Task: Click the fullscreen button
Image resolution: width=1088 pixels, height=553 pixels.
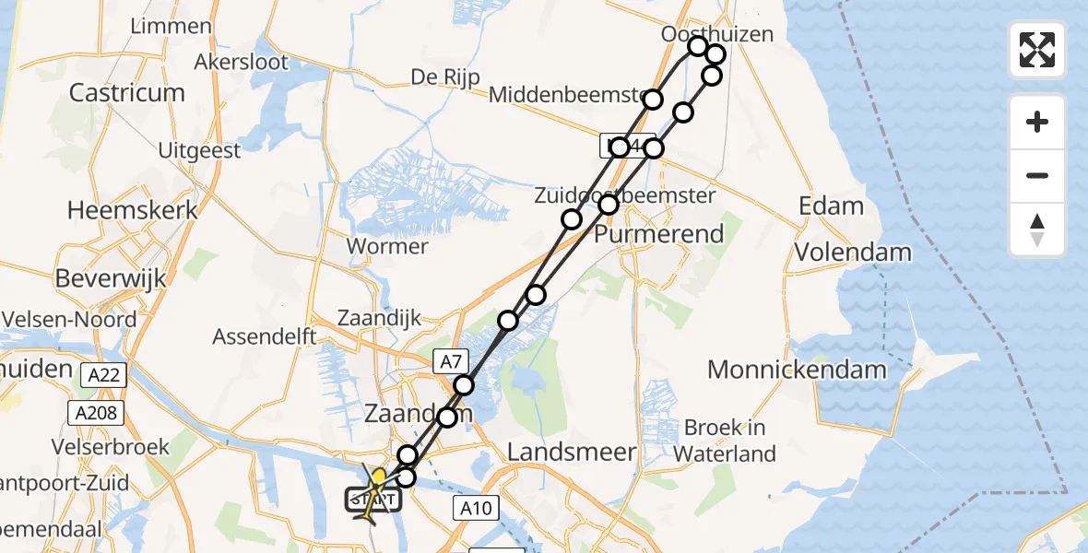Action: (x=1037, y=50)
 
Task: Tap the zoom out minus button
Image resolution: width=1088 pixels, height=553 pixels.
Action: (x=1037, y=175)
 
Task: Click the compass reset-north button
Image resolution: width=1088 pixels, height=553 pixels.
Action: (x=1037, y=229)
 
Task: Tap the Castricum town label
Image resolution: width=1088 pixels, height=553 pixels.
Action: (x=127, y=93)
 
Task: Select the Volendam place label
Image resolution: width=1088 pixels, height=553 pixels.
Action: (x=853, y=252)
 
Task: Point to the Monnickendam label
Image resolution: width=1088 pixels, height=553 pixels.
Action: (x=797, y=371)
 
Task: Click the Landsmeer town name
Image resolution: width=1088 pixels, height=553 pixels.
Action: (x=573, y=452)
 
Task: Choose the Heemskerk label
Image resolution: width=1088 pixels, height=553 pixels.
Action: (x=133, y=210)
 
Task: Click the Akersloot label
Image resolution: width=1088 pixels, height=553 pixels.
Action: (x=242, y=63)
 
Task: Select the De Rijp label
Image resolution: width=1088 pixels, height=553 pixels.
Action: (x=445, y=77)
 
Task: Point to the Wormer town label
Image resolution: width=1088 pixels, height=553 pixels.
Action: (x=386, y=246)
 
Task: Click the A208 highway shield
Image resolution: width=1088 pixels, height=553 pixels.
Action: (x=96, y=413)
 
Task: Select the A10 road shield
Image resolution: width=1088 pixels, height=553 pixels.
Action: (x=478, y=506)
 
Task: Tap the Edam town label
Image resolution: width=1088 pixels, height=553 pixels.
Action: (x=832, y=206)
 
